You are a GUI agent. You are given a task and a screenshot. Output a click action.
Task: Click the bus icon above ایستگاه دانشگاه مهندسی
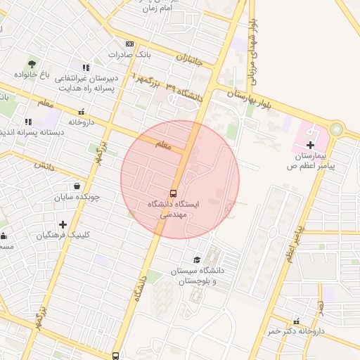173,193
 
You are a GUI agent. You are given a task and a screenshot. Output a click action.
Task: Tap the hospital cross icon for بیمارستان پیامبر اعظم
311,143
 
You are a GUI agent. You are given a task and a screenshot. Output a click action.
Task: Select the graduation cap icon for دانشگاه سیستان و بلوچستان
197,260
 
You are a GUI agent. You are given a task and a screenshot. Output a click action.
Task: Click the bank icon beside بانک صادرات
129,44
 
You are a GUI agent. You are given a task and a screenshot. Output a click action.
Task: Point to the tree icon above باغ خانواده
31,64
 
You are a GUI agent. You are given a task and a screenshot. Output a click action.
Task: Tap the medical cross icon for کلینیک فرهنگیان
63,224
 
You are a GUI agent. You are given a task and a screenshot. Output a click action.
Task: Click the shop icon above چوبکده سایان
77,186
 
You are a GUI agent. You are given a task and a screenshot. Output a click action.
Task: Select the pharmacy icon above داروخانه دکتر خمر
296,321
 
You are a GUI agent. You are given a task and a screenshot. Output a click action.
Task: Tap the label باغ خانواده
33,75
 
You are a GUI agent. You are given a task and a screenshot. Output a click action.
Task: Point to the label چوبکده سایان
78,197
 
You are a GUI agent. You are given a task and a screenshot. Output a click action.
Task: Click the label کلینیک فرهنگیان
64,235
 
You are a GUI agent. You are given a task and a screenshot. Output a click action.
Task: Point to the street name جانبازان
189,59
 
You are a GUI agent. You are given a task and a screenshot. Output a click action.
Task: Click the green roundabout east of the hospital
337,130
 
